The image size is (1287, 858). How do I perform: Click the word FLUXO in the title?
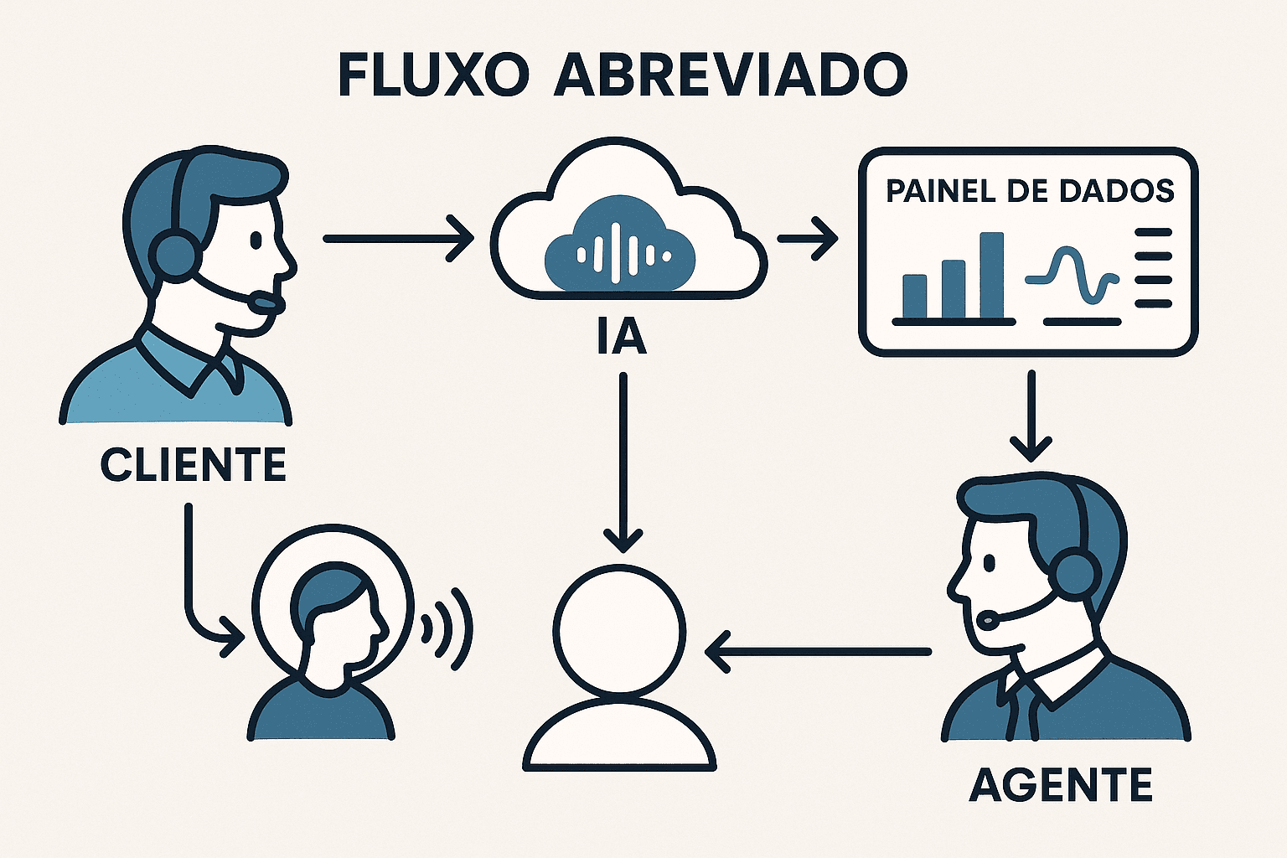tap(433, 75)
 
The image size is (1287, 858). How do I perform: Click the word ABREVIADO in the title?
tap(731, 75)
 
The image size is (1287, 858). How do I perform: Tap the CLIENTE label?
tap(194, 465)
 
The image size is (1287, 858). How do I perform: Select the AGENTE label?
tap(1061, 785)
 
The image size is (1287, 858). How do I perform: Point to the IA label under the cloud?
tap(621, 336)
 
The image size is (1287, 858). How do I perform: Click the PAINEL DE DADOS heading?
tap(1030, 190)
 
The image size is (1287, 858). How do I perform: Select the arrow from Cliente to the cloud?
tap(397, 239)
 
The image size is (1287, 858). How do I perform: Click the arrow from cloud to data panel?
tap(808, 239)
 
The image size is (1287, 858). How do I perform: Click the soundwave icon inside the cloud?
tap(619, 249)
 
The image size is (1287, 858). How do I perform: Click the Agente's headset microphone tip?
tap(988, 621)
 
